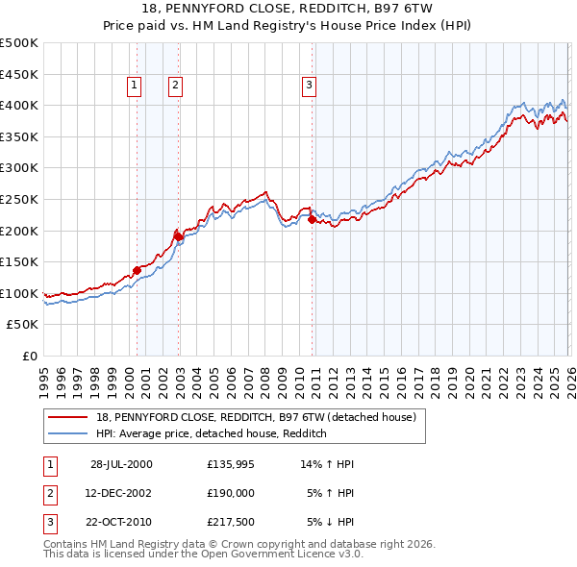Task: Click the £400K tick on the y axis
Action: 19,105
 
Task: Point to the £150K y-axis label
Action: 19,261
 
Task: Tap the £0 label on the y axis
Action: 29,356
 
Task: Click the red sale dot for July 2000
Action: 138,270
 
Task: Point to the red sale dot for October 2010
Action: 312,219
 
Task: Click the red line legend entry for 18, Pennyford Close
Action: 255,417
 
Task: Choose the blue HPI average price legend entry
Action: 212,434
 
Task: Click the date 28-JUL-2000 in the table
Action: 121,463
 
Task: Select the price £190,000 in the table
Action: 231,494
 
